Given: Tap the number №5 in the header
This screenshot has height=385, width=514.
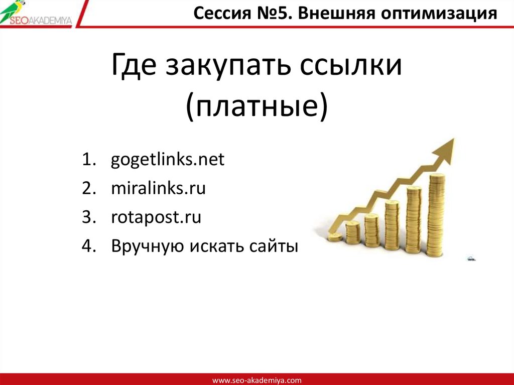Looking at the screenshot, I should pyautogui.click(x=273, y=13).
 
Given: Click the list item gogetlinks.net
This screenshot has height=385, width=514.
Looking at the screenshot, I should pyautogui.click(x=168, y=161).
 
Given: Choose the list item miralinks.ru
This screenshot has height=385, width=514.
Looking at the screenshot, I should pyautogui.click(x=159, y=189).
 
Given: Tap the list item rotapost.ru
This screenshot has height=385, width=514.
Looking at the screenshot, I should pyautogui.click(x=156, y=218).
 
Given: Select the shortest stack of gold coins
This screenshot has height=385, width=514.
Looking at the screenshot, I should pyautogui.click(x=335, y=237).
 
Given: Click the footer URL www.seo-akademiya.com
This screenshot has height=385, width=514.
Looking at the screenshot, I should pyautogui.click(x=257, y=380).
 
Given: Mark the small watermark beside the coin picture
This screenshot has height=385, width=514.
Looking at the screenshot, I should pyautogui.click(x=471, y=259).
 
